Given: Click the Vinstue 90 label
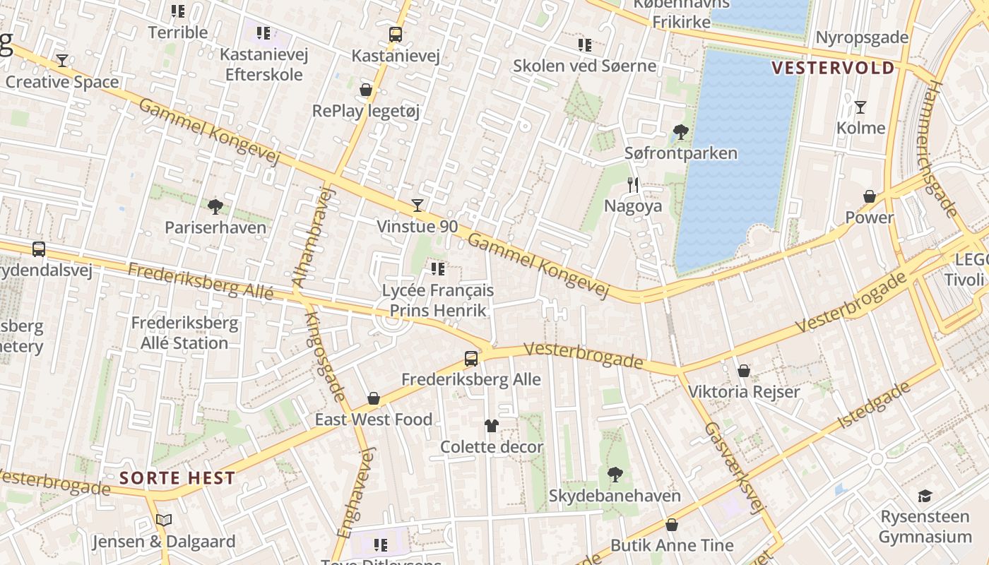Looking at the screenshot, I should pos(417,227).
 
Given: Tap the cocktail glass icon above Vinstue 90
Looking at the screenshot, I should pos(417,206).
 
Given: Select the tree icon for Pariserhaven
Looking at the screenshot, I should pos(215,206).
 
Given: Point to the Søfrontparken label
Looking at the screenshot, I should pos(680,153).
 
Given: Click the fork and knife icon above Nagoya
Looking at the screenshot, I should pos(633,185).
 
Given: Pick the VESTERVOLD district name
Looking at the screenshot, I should pos(833,68).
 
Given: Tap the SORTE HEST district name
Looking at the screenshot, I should pos(177,477).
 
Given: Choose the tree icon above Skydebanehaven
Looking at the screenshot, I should pos(615,474).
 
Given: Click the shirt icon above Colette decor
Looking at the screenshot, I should pos(492,425).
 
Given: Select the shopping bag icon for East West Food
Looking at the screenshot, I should pos(374,398).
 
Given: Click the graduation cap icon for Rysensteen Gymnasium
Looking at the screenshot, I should pos(925,496).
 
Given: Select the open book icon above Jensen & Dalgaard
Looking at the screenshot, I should pos(164,521).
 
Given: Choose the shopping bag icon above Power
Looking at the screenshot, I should pos(870,196).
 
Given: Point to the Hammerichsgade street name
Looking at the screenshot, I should pos(941,148).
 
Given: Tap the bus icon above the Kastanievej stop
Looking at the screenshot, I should pos(396,34).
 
